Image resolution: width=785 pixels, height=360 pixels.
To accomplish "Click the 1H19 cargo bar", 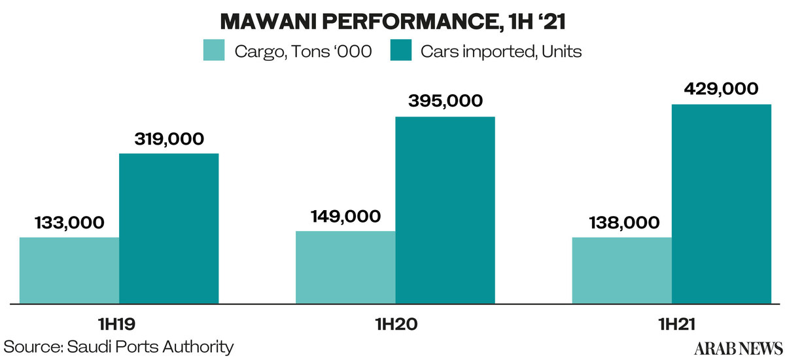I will (69, 270).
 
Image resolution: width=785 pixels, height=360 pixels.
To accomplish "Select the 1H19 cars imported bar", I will (169, 228).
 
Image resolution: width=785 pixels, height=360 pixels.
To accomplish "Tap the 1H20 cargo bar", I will (345, 267).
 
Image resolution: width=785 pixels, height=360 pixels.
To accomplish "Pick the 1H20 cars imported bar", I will (445, 210).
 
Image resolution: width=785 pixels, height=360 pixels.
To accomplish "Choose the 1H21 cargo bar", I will (621, 270).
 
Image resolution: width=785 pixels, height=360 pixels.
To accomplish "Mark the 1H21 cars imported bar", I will (722, 204).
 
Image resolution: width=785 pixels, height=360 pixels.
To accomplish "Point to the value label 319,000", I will (169, 139).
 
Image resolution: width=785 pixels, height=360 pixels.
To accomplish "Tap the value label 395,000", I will (445, 101).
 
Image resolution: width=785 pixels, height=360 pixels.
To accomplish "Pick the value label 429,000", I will (721, 88).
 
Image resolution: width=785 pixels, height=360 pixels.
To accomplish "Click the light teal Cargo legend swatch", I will (214, 51).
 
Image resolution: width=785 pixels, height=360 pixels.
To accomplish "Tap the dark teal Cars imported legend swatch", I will (400, 51).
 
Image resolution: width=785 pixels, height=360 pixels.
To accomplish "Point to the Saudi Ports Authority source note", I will (118, 346).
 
